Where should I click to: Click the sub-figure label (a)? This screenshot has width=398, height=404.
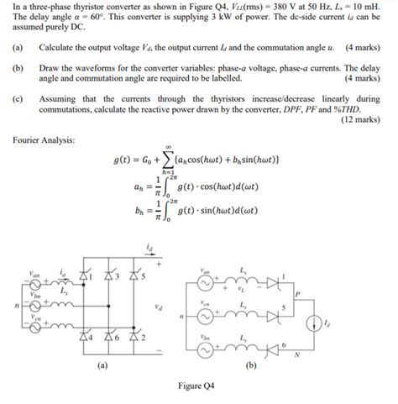102,365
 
